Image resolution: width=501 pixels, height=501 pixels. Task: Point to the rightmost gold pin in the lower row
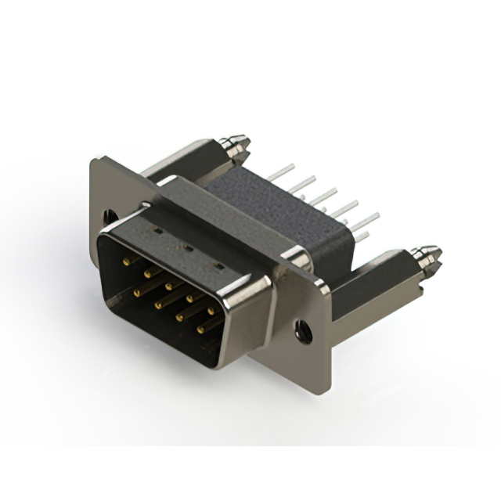click(x=200, y=330)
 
